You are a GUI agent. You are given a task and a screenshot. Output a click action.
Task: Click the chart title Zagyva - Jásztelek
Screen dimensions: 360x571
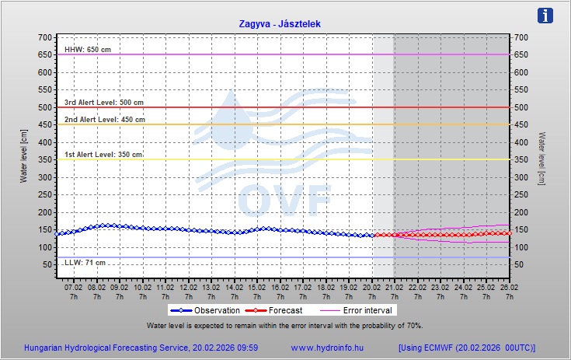280,24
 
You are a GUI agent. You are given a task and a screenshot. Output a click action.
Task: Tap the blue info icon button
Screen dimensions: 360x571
546,16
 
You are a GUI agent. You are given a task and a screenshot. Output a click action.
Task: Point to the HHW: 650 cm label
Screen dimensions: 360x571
87,50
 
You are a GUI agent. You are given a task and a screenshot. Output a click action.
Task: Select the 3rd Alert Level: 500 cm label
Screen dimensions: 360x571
104,102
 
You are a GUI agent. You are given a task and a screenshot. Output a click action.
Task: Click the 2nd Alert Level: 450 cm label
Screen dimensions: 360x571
104,120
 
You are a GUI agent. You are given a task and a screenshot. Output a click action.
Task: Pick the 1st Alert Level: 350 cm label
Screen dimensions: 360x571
103,155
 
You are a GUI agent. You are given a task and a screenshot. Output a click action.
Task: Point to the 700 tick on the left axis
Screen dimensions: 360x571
44,37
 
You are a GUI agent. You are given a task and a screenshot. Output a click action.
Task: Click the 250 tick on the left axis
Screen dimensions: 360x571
44,194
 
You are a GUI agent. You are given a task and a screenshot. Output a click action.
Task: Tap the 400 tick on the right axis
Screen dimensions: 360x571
521,142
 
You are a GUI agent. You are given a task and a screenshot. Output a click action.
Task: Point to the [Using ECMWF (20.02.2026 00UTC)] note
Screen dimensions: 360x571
466,348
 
